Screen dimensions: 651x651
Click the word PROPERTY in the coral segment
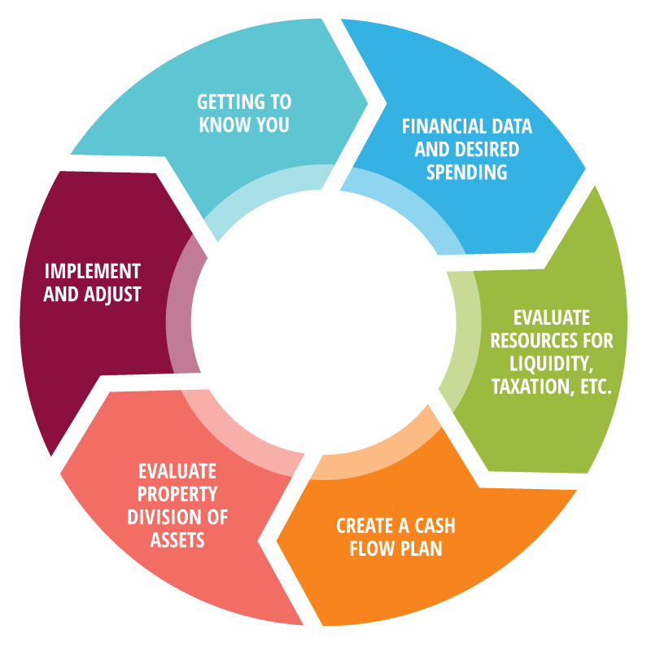pyautogui.click(x=177, y=494)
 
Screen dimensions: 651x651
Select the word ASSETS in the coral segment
pyautogui.click(x=177, y=540)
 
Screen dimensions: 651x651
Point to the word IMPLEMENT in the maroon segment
pyautogui.click(x=92, y=271)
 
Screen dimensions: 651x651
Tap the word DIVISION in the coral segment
pyautogui.click(x=158, y=517)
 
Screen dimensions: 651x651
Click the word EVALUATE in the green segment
pyautogui.click(x=551, y=317)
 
